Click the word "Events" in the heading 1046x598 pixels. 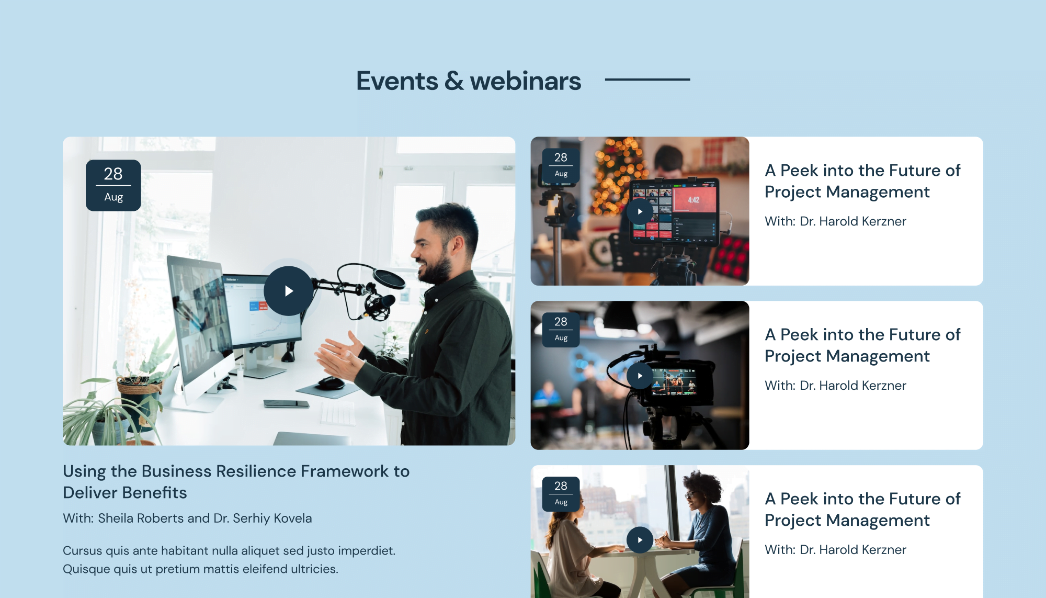click(397, 81)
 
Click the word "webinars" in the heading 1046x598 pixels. click(525, 81)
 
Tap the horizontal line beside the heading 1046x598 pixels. click(647, 80)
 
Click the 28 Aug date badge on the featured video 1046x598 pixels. click(113, 185)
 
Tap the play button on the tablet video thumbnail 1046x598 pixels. click(640, 212)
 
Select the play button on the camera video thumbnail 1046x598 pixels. click(640, 376)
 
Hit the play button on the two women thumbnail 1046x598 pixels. click(640, 540)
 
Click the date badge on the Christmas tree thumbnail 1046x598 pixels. click(561, 165)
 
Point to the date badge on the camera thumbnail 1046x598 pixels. click(561, 330)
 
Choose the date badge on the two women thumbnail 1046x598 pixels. click(561, 494)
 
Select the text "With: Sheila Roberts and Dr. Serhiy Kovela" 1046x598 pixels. click(187, 518)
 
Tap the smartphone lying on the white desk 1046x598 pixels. click(286, 403)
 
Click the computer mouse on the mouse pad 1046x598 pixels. click(331, 383)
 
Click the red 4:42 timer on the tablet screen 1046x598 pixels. click(693, 199)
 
